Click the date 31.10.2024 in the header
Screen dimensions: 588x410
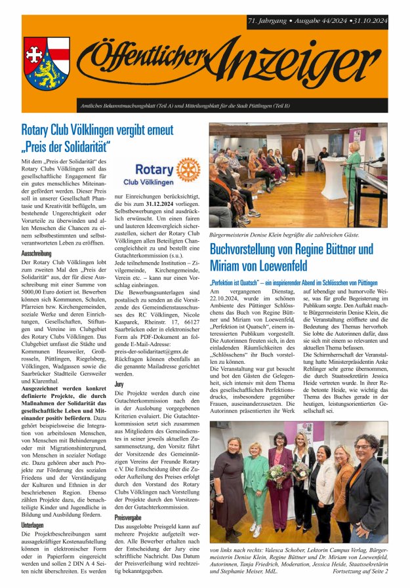coord(367,21)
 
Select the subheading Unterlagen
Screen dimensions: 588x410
coord(33,524)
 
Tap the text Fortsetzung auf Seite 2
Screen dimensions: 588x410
coord(360,572)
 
